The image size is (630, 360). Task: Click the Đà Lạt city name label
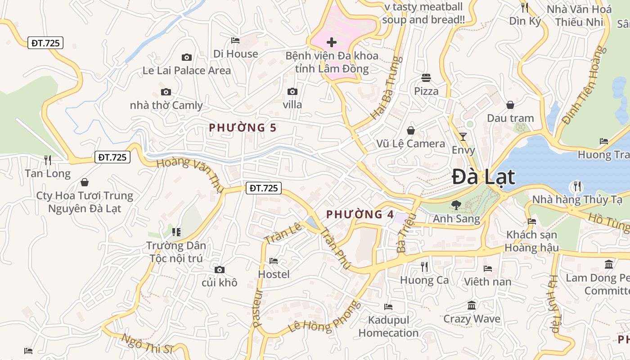pyautogui.click(x=483, y=176)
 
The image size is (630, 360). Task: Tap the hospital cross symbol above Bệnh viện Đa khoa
pyautogui.click(x=332, y=43)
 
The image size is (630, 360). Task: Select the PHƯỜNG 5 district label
pyautogui.click(x=243, y=128)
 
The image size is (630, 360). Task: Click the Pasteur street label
pyautogui.click(x=257, y=308)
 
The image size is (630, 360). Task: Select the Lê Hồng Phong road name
pyautogui.click(x=324, y=318)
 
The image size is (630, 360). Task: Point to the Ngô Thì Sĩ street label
pyautogui.click(x=147, y=342)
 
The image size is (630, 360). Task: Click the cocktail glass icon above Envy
pyautogui.click(x=463, y=136)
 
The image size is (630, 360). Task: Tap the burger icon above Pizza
pyautogui.click(x=426, y=78)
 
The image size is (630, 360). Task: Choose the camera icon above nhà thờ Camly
pyautogui.click(x=166, y=92)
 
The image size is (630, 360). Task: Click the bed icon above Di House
pyautogui.click(x=235, y=40)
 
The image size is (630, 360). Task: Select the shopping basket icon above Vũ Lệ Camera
pyautogui.click(x=410, y=130)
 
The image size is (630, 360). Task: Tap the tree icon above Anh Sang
pyautogui.click(x=456, y=205)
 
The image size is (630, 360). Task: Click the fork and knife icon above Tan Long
pyautogui.click(x=48, y=160)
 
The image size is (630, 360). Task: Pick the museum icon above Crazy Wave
pyautogui.click(x=472, y=306)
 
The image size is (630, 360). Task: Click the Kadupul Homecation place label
pyautogui.click(x=388, y=327)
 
